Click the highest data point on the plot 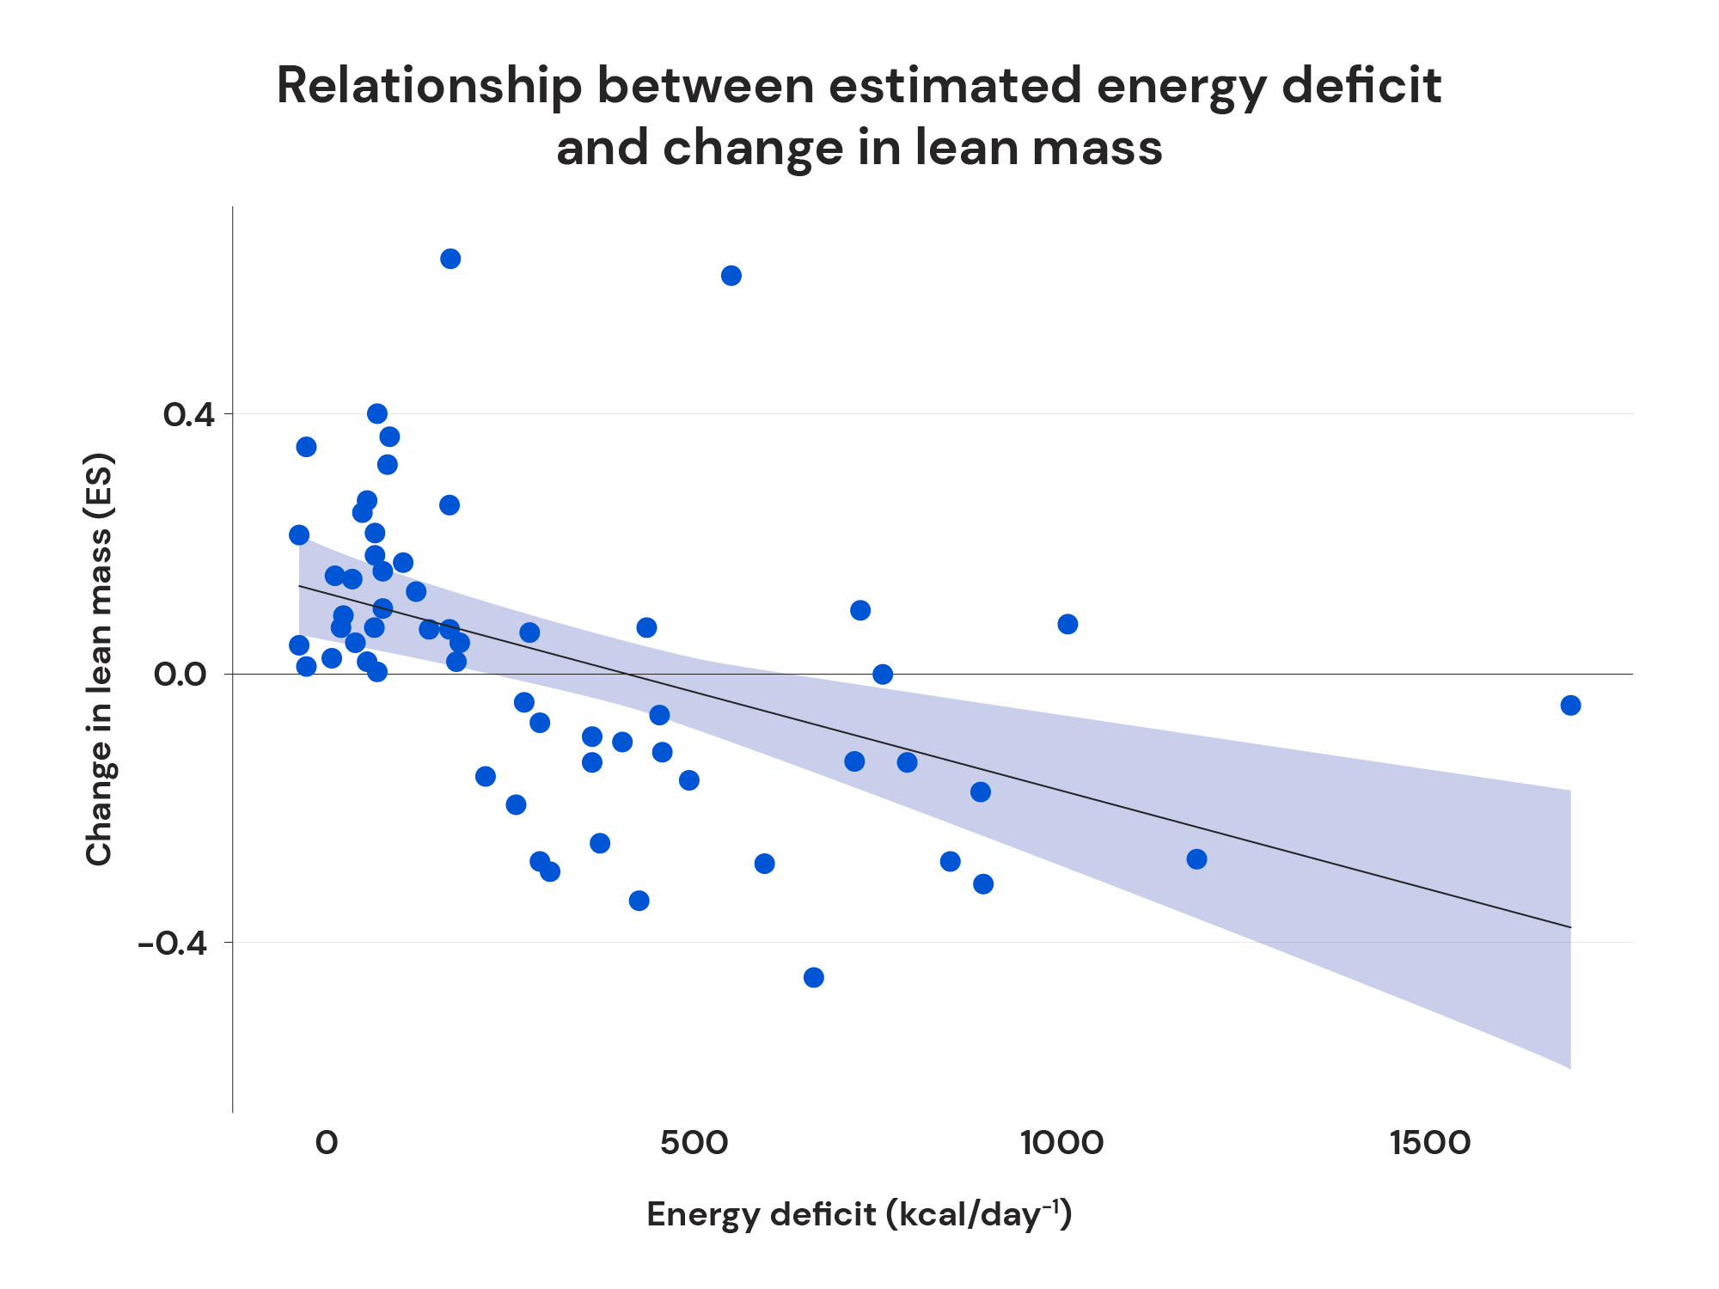click(x=450, y=259)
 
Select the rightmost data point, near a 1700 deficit click(x=1570, y=706)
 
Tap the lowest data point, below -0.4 click(x=814, y=977)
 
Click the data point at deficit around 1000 click(x=1067, y=624)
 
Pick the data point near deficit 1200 click(x=1196, y=859)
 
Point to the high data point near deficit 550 click(x=731, y=276)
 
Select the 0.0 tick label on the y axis click(x=181, y=675)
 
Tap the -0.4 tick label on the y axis click(x=174, y=944)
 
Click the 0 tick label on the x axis click(x=326, y=1144)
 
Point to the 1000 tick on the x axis click(x=1062, y=1144)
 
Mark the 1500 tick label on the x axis click(x=1430, y=1144)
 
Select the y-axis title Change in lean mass click(x=99, y=659)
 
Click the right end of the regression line click(x=1570, y=927)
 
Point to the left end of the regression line click(x=299, y=586)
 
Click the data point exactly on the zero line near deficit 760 click(x=883, y=675)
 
